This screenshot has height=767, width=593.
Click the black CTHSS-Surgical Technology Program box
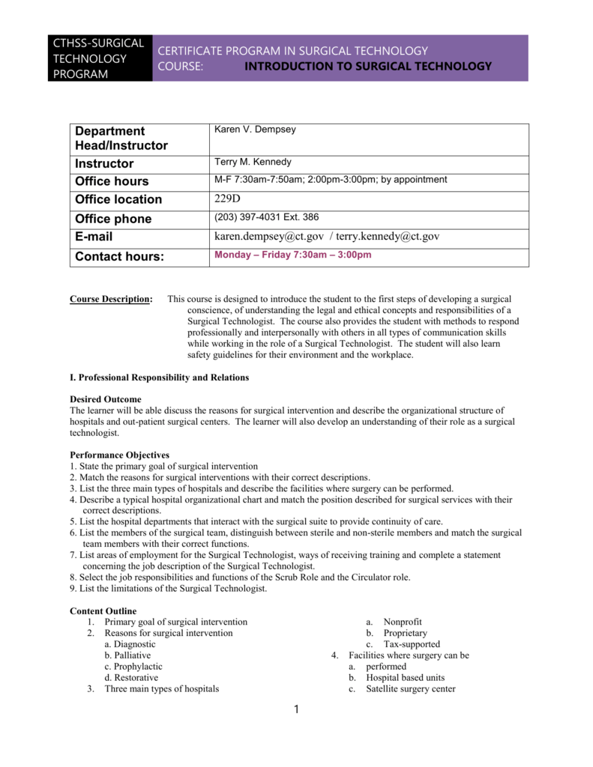point(100,58)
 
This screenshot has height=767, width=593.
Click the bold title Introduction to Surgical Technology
point(368,66)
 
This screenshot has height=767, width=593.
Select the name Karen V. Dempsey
point(255,130)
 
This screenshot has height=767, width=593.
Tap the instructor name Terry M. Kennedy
point(253,162)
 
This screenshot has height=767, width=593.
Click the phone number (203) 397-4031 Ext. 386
point(266,217)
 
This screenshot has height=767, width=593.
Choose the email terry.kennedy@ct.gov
point(388,236)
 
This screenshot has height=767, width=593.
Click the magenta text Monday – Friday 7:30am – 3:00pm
point(293,255)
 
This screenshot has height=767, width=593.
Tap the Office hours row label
point(112,181)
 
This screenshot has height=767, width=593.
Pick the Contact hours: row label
point(119,257)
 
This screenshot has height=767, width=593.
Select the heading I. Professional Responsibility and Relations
point(159,378)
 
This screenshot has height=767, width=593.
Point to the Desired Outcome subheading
point(105,399)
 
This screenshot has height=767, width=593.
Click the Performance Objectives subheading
point(119,455)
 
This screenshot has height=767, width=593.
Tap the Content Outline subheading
point(103,611)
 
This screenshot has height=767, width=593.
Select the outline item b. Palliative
point(127,655)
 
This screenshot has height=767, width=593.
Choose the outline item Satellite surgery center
point(410,689)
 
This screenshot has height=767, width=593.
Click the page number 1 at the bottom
point(297,710)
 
